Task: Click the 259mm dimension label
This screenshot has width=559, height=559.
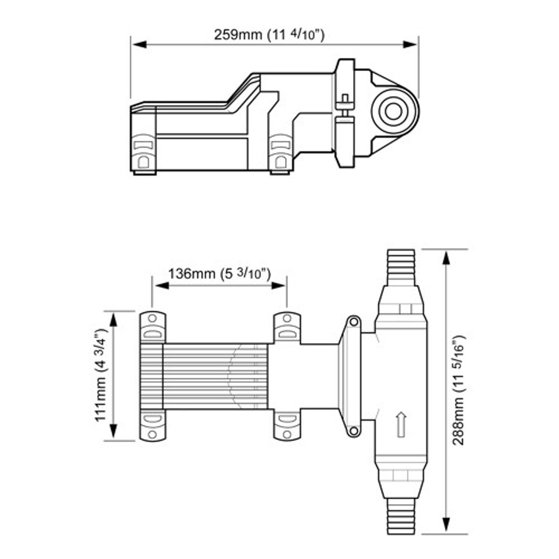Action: pos(269,35)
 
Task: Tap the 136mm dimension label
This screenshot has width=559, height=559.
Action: pos(219,273)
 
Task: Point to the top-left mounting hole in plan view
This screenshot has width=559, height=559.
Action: pos(152,319)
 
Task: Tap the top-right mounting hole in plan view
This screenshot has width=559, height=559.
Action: pos(286,319)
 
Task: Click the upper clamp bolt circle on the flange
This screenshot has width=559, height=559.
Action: pos(353,322)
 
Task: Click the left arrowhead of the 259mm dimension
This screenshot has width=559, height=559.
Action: pos(139,44)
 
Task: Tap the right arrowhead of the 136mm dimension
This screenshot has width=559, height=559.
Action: pos(278,286)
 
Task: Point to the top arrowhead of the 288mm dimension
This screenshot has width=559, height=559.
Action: pos(446,258)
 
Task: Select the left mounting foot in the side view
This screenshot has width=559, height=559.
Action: pos(143,154)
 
